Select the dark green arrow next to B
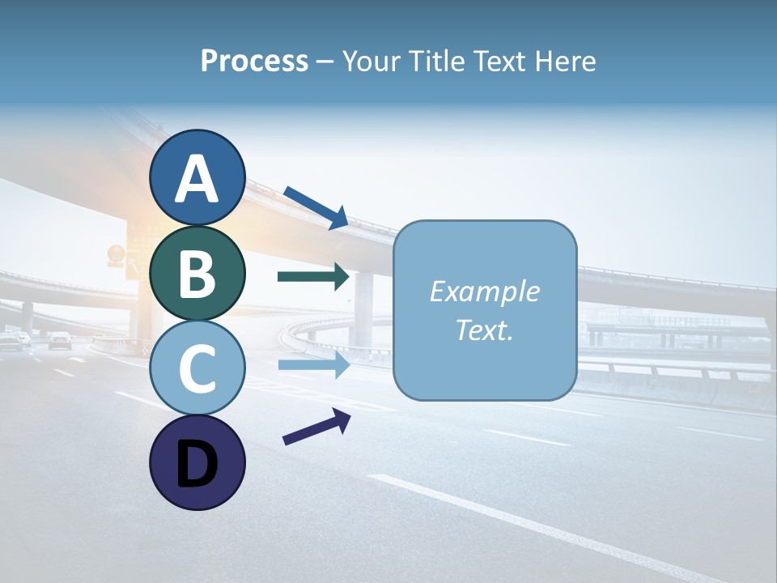point(313,277)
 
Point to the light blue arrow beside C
point(313,365)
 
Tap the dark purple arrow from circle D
point(316,426)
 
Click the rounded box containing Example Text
point(485,310)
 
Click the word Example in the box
point(485,291)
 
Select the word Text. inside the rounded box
point(485,330)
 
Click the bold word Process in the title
point(254,61)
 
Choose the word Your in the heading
point(369,61)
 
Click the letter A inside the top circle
point(197,180)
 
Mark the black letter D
point(197,465)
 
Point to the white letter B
point(197,274)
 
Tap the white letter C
point(197,369)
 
